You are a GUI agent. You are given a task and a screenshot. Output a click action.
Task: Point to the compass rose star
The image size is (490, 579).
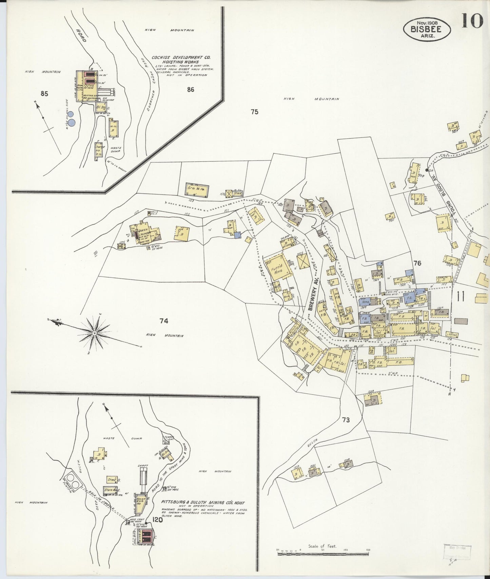(x=94, y=333)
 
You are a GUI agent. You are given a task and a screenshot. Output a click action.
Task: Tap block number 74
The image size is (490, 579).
(x=164, y=321)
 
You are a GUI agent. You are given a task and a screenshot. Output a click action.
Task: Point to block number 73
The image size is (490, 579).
(x=346, y=420)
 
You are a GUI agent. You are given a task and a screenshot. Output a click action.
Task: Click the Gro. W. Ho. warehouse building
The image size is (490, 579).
(x=197, y=189)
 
